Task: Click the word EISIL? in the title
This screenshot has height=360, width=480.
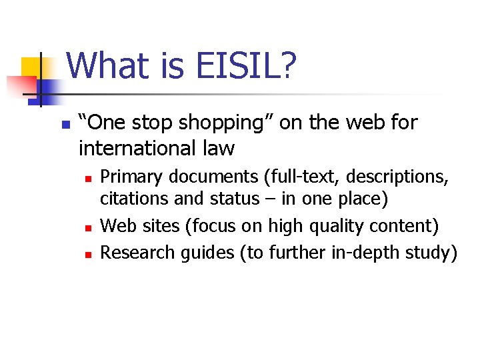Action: click(247, 67)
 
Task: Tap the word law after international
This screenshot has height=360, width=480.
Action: click(217, 147)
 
